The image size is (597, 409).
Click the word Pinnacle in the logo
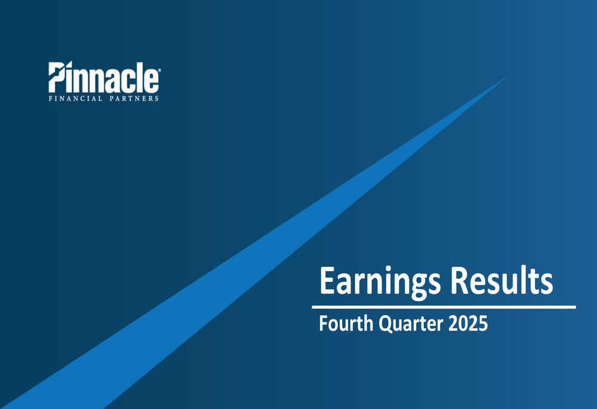tap(103, 78)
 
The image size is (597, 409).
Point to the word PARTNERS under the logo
tap(134, 98)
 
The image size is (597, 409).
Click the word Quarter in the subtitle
tap(407, 324)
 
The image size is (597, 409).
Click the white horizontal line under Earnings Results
tap(444, 307)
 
